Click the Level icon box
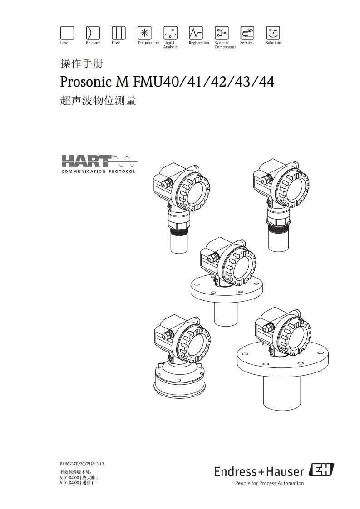click(x=67, y=33)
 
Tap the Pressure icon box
click(x=93, y=33)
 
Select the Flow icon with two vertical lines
click(x=118, y=33)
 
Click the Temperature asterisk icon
click(x=144, y=33)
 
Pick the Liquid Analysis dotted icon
click(x=170, y=33)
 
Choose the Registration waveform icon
click(x=196, y=33)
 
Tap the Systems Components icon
click(x=222, y=33)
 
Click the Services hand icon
click(x=247, y=33)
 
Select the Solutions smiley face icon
click(x=273, y=33)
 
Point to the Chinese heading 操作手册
click(x=82, y=64)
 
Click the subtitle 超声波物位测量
click(x=98, y=100)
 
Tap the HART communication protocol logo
click(x=99, y=164)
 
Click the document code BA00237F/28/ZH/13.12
click(x=82, y=464)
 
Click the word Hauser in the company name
click(x=285, y=471)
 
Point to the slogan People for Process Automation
click(x=269, y=483)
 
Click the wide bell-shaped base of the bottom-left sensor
click(x=180, y=377)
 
